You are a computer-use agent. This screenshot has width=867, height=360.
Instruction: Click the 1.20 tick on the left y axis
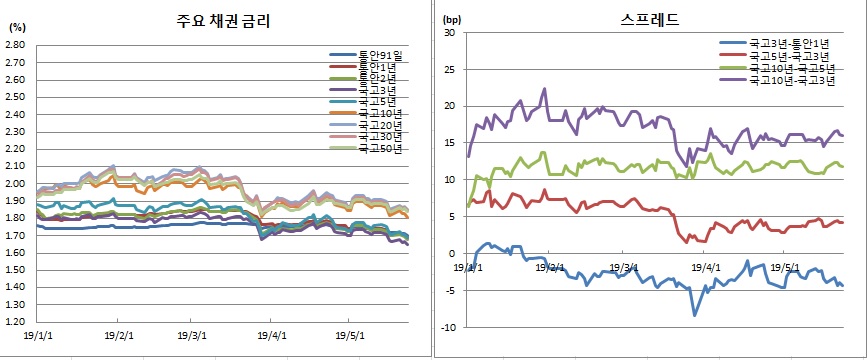point(15,322)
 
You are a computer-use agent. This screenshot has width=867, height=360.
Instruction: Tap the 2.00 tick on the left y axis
point(15,184)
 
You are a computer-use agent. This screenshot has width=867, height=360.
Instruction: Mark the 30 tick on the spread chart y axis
point(450,33)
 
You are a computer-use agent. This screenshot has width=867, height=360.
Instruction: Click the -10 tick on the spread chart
point(448,327)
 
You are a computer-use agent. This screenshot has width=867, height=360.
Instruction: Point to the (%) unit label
point(16,27)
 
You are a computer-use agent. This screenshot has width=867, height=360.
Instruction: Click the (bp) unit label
point(451,17)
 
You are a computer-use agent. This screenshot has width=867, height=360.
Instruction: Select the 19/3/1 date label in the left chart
point(192,337)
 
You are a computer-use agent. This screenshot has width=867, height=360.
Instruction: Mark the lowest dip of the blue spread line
point(695,315)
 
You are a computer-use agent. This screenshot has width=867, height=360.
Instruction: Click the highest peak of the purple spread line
point(545,88)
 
